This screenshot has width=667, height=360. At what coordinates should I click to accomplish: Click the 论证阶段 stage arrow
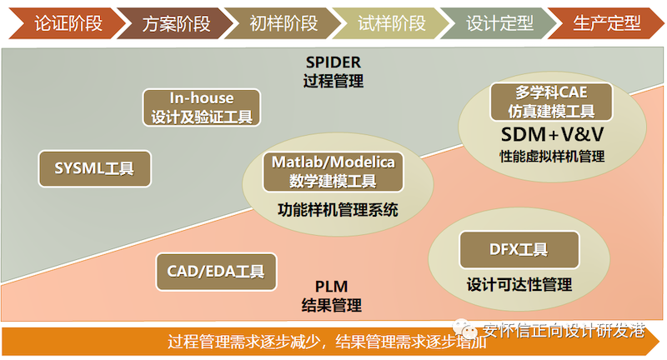pos(66,23)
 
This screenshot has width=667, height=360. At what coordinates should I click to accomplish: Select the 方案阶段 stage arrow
pos(174,23)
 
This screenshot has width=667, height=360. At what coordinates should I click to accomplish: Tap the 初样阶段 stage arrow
pos(283,23)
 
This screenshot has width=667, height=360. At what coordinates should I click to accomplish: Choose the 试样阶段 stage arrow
pos(390,23)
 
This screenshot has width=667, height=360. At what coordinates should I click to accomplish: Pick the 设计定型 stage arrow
pos(499,23)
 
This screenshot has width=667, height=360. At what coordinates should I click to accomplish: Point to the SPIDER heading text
pos(333,62)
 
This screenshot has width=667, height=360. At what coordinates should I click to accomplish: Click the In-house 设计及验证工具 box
pos(202,107)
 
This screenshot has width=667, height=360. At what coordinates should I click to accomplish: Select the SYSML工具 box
pos(94,168)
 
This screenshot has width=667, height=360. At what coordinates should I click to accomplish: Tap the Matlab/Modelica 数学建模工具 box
pos(333,172)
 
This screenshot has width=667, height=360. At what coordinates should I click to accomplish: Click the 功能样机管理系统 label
pos(338,210)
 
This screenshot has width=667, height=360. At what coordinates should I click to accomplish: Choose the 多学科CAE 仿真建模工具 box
pos(551,102)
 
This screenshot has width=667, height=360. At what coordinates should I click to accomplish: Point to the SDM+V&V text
pos(552,135)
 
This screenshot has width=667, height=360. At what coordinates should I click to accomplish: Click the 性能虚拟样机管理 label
pos(552,157)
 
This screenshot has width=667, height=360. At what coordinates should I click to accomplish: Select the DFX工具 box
pos(519,250)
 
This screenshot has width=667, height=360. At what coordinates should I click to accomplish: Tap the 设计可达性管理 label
pos(519,284)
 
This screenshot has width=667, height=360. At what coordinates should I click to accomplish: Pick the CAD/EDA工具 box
pos(216,272)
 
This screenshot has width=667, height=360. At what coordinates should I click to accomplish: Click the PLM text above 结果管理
pos(331,287)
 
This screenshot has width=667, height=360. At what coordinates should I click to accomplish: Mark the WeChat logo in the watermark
pos(465,328)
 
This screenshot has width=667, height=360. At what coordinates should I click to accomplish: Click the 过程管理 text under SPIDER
pos(333,81)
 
